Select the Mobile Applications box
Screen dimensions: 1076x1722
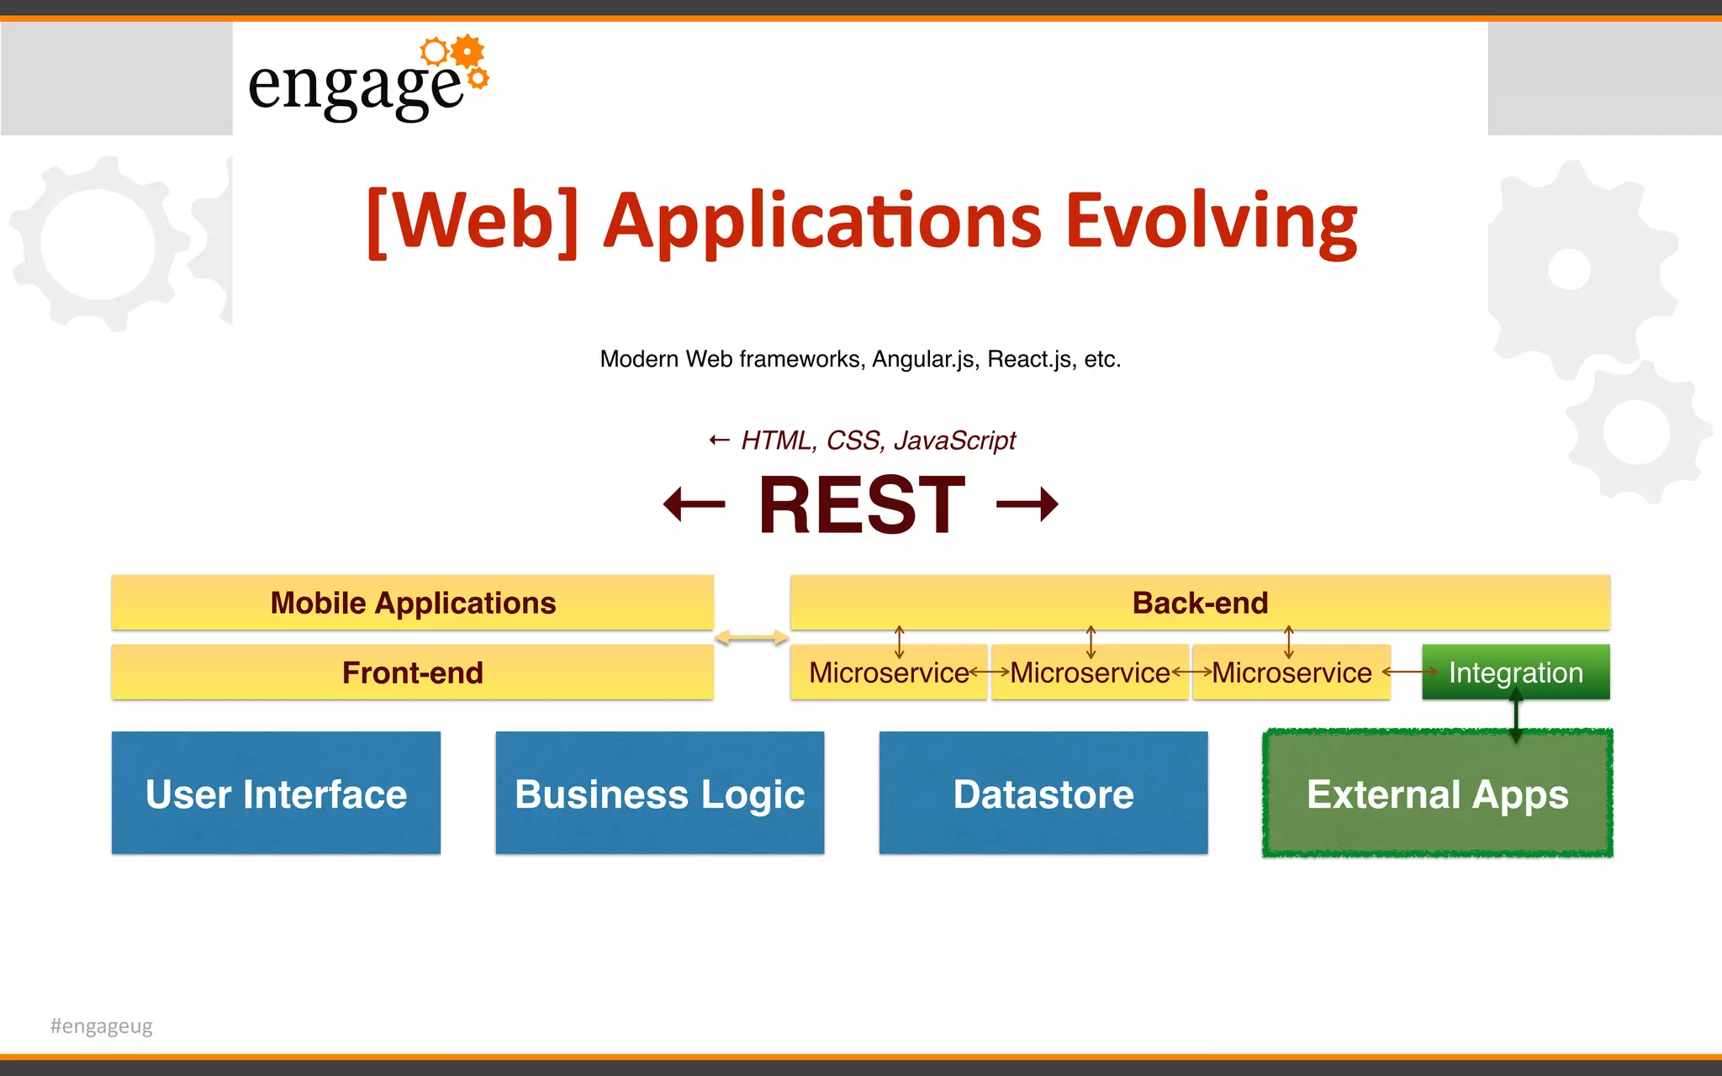412,603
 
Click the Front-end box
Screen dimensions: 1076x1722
412,672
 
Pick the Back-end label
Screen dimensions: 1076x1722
1200,603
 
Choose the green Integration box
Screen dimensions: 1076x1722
1515,672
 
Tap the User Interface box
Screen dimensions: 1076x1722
276,794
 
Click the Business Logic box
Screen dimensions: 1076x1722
659,794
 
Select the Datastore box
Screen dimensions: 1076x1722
1043,794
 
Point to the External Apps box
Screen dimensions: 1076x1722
1437,794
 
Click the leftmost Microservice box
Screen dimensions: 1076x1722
888,672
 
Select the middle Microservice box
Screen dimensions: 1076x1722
1090,672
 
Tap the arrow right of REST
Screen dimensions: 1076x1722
1027,504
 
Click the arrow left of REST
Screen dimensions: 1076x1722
695,504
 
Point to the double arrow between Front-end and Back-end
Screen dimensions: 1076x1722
751,639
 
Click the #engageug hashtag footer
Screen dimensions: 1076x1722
102,1026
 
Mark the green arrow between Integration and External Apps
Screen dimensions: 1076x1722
1516,715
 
